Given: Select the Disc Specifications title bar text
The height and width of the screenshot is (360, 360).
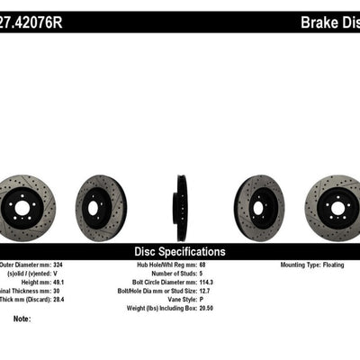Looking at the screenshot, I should click(x=180, y=252).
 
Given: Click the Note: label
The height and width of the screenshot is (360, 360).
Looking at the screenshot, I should click(x=22, y=319).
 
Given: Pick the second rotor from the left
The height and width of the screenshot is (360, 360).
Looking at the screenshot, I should click(x=101, y=202).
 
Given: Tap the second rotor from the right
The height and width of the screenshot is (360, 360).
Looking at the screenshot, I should click(x=258, y=202).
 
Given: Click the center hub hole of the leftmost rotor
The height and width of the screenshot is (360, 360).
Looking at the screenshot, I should click(x=23, y=206).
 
